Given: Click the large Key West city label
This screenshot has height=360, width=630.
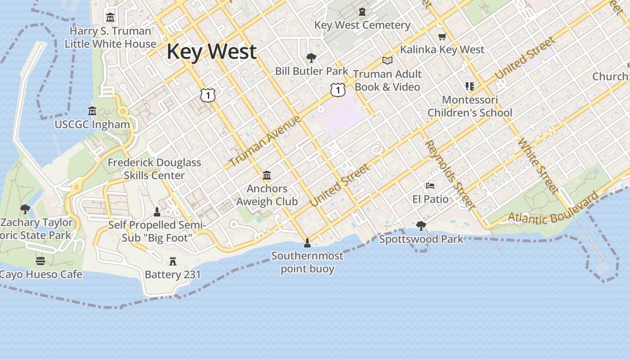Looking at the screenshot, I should click(211, 52).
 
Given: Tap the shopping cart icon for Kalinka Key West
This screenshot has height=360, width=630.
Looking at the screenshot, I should click(442, 36).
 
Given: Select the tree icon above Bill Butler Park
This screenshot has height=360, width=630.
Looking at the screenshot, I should click(311, 58).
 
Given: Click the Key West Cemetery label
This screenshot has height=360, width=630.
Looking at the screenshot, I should click(362, 25).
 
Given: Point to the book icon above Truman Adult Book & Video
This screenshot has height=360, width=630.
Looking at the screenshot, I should click(387, 60).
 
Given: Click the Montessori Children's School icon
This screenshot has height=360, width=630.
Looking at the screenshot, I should click(470, 86).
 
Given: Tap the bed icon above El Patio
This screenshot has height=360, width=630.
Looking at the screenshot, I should click(430, 185).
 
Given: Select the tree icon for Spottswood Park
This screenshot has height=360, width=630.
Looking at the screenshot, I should click(421, 225).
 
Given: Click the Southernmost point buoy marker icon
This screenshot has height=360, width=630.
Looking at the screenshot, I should click(307, 243).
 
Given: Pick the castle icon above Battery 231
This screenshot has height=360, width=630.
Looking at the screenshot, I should click(172, 261).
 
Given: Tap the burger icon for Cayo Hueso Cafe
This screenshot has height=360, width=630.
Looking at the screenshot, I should click(40, 261).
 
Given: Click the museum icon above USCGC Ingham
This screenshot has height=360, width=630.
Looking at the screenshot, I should click(92, 111).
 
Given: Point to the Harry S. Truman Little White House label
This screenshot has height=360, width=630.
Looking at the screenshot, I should click(110, 37).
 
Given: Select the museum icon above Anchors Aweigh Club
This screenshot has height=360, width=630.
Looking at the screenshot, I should click(267, 175).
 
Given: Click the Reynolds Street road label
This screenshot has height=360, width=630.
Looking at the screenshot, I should click(450, 175).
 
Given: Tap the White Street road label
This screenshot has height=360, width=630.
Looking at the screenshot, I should click(538, 166).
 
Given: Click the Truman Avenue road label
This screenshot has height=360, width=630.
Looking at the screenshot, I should click(265, 141).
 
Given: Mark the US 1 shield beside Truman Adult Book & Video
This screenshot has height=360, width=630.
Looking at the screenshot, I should click(337, 90).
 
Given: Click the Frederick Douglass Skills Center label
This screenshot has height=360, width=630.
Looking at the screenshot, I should click(154, 169).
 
